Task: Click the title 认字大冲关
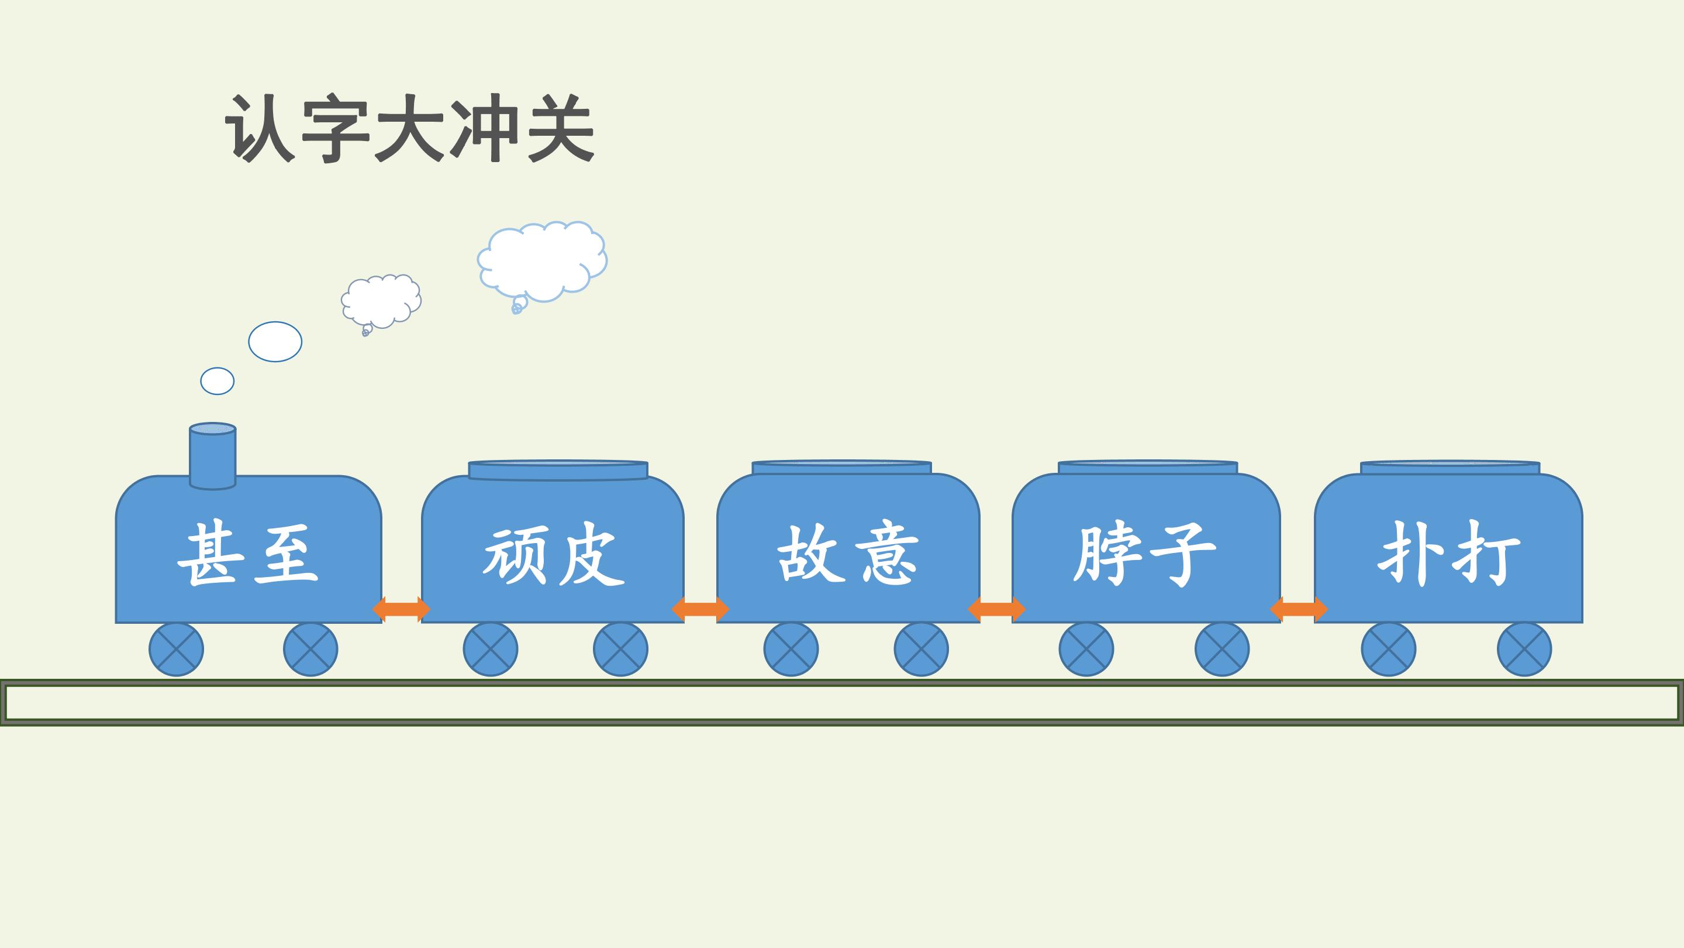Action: (x=410, y=129)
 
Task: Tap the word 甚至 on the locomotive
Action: (x=248, y=554)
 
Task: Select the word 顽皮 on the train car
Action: (x=554, y=554)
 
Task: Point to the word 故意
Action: (x=848, y=554)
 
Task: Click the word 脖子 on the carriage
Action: (x=1144, y=554)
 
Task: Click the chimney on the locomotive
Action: (x=212, y=456)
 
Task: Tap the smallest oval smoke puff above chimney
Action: (x=217, y=381)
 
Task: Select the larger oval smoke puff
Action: (x=275, y=342)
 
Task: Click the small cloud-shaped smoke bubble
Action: (x=381, y=303)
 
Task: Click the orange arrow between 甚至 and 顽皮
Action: (x=401, y=609)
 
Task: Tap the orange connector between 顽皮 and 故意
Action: (x=700, y=609)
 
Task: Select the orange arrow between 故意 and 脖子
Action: (x=996, y=609)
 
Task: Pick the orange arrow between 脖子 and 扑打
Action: (x=1298, y=609)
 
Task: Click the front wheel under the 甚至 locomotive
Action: (x=177, y=649)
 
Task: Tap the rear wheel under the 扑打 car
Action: (x=1524, y=649)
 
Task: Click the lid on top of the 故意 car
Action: (x=841, y=467)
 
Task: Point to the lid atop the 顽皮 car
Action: (x=558, y=470)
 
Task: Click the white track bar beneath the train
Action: (x=842, y=702)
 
